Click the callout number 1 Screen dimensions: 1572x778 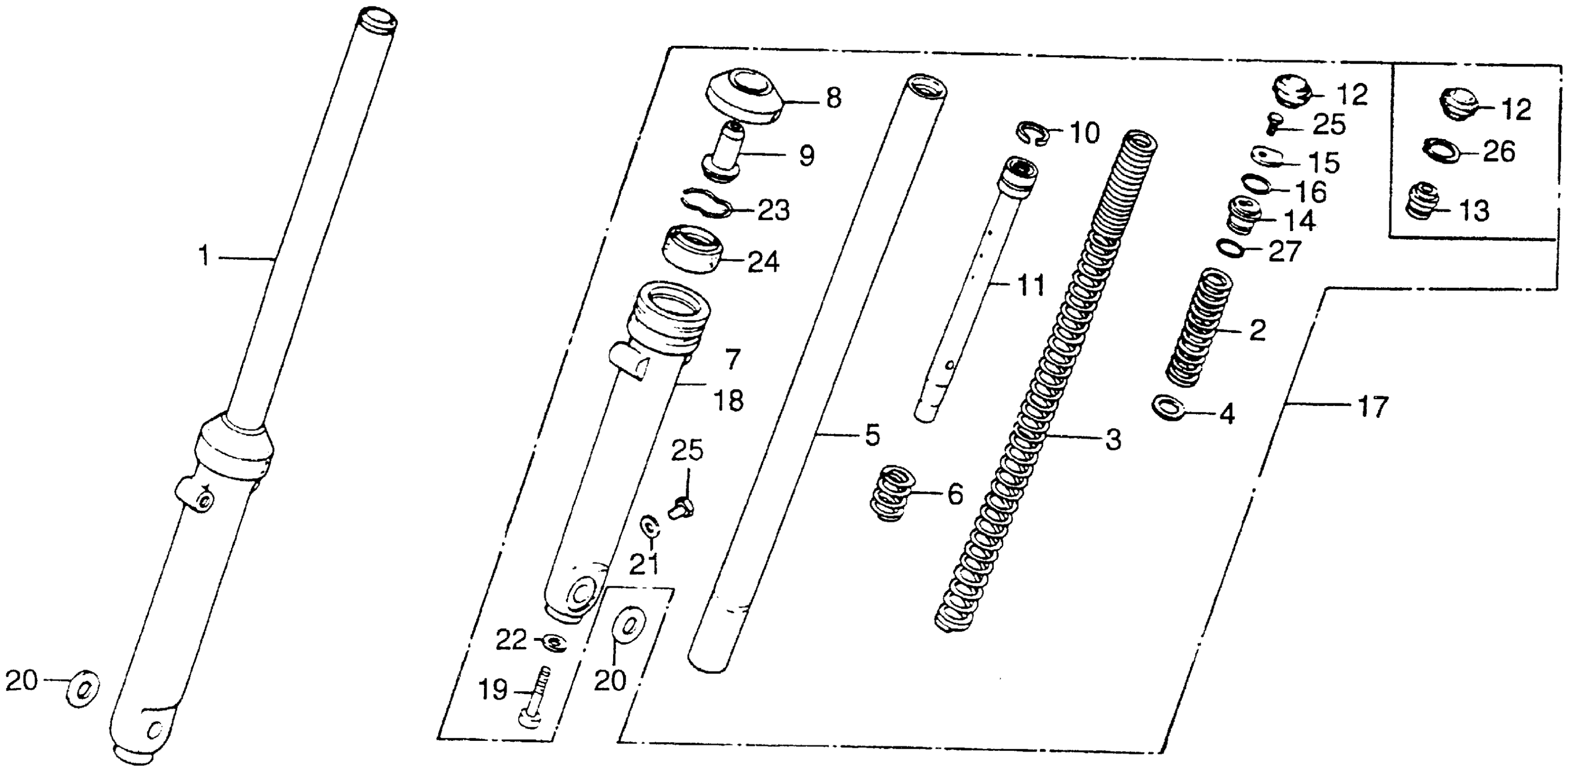(x=204, y=256)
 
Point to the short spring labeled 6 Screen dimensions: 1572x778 (x=892, y=493)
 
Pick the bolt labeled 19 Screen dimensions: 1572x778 (x=534, y=696)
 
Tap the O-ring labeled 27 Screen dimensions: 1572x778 (x=1231, y=249)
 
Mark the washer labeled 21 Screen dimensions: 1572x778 (x=648, y=525)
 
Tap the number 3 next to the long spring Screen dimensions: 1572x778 (x=1113, y=439)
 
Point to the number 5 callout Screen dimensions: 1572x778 (x=872, y=436)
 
